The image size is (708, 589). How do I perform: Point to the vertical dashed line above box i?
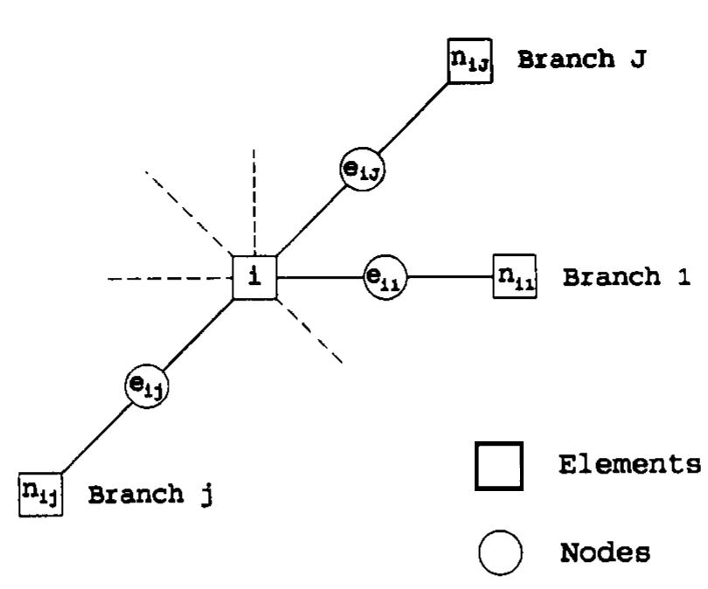coord(254,201)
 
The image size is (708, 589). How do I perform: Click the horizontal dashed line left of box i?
coord(170,280)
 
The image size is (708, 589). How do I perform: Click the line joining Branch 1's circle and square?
coord(450,279)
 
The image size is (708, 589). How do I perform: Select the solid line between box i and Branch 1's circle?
coord(320,279)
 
